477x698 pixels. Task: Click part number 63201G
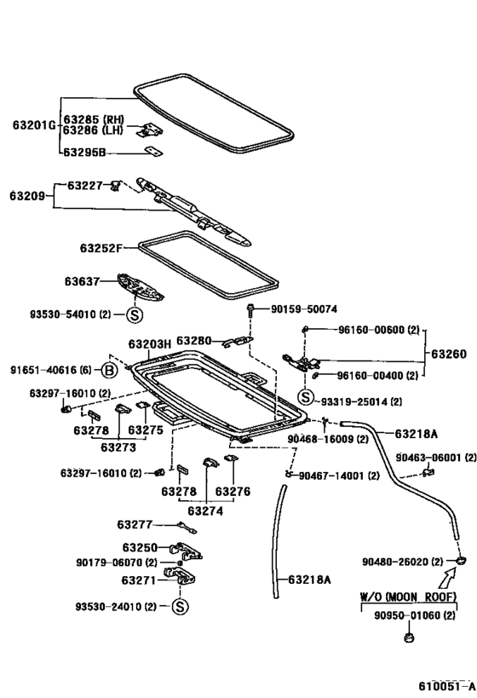(34, 124)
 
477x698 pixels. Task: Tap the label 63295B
(84, 153)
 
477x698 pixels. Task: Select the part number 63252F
(101, 248)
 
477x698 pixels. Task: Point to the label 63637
(82, 281)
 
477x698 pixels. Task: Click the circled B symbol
(109, 371)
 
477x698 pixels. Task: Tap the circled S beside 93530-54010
(135, 315)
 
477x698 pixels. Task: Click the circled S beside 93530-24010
(180, 606)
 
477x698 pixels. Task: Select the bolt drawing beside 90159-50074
(250, 309)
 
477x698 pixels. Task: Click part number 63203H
(150, 343)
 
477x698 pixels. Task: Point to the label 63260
(449, 354)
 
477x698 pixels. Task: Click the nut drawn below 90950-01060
(408, 637)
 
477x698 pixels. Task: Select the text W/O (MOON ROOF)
(408, 597)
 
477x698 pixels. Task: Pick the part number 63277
(135, 525)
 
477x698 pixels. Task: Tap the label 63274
(205, 511)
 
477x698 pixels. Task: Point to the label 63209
(27, 196)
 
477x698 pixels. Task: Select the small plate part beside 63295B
(154, 152)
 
